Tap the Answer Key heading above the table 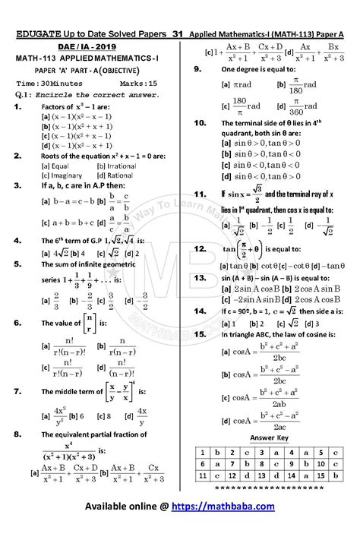pyautogui.click(x=266, y=439)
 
